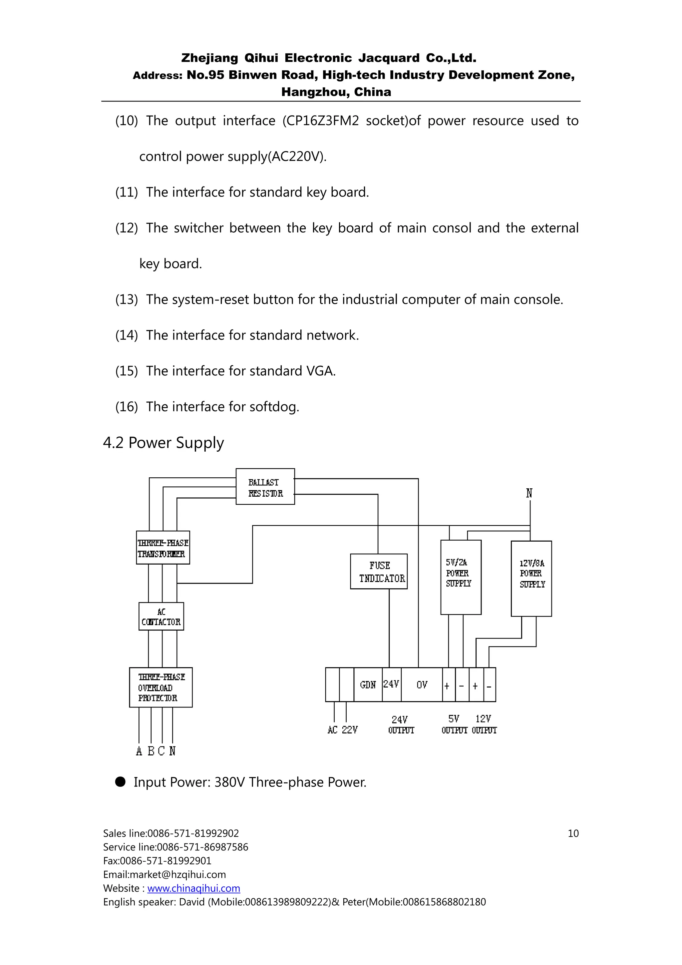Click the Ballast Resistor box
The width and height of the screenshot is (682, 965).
[x=265, y=487]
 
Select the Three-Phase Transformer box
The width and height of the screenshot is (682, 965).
[x=163, y=548]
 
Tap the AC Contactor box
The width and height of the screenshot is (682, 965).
[x=162, y=617]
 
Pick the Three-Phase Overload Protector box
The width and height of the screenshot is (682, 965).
[x=161, y=688]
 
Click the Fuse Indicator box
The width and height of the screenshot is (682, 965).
[x=379, y=572]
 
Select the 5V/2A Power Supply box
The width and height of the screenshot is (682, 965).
[x=461, y=578]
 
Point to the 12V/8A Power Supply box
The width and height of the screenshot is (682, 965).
[x=531, y=579]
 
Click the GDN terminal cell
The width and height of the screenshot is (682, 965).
[x=368, y=685]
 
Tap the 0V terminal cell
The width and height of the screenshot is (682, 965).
[x=422, y=685]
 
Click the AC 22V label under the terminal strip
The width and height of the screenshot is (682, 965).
[x=342, y=730]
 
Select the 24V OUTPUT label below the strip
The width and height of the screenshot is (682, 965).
[x=401, y=725]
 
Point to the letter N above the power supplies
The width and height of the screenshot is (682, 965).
[x=529, y=493]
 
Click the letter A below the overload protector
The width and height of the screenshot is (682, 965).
[x=139, y=751]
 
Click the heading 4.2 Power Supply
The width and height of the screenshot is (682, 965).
[x=164, y=443]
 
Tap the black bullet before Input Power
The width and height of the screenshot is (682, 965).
[x=121, y=782]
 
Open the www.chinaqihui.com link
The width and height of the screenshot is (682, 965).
[x=194, y=888]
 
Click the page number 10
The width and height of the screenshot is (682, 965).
[x=573, y=833]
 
